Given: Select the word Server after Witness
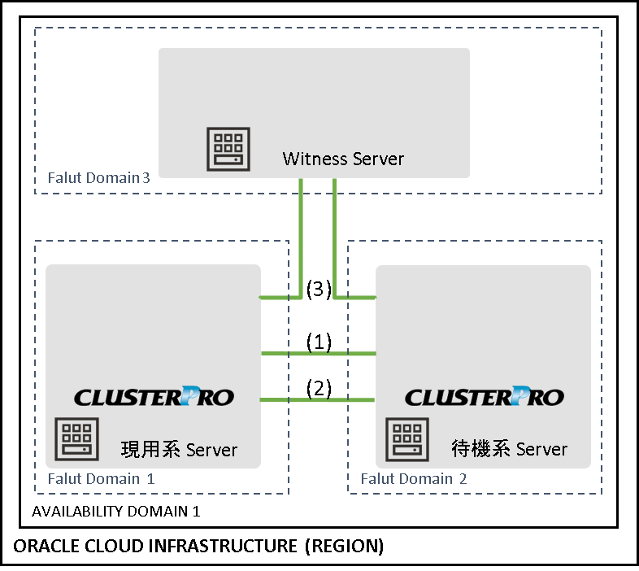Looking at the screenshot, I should [375, 159].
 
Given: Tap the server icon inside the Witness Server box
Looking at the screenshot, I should [228, 149].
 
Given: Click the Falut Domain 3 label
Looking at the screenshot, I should [98, 177].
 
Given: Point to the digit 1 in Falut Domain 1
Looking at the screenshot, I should [150, 478].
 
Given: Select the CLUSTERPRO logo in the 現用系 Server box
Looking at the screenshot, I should [154, 396].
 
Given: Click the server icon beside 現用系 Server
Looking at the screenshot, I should [76, 439].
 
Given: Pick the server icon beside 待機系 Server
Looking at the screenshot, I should [407, 439].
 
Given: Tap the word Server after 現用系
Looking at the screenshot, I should [212, 450].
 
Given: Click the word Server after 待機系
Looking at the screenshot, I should [542, 449].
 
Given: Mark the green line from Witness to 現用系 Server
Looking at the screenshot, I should [302, 244].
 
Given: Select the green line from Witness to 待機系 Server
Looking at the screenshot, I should [335, 244].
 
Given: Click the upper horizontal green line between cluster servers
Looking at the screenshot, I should [318, 354].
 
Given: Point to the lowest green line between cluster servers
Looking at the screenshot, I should [318, 399].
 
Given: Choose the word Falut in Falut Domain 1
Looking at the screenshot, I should [63, 478].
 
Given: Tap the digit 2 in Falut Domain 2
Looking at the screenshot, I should [463, 478].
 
